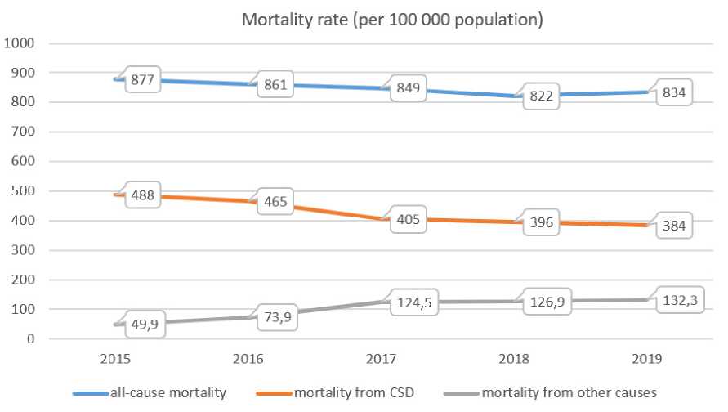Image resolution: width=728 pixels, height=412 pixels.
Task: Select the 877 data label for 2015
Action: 144,82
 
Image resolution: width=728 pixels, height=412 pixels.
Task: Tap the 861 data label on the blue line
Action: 275,84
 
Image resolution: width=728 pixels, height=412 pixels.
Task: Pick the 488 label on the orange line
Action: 144,200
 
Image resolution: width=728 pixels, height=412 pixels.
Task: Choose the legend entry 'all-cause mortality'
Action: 170,393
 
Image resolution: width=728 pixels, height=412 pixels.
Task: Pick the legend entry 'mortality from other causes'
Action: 569,393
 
